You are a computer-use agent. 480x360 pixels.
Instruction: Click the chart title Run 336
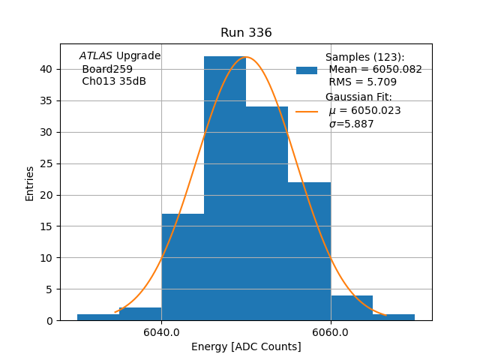click(246, 33)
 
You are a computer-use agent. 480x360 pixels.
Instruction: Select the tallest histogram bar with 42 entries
click(225, 187)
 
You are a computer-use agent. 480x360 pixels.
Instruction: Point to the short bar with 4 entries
click(352, 308)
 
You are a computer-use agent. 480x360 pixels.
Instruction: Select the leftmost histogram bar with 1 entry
click(98, 317)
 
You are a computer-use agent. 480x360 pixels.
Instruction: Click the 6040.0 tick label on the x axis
click(161, 333)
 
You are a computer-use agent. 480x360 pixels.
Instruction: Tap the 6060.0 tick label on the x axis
click(331, 333)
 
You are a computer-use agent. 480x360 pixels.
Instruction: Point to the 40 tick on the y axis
click(46, 69)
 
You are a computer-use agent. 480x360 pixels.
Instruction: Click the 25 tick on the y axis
click(46, 163)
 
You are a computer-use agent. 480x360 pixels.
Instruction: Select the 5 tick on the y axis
click(49, 289)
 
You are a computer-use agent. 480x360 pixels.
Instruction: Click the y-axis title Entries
click(30, 183)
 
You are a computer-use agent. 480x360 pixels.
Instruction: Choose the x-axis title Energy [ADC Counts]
click(246, 346)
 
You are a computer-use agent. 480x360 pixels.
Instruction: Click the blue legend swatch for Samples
click(307, 70)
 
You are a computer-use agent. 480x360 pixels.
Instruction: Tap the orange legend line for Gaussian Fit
click(307, 111)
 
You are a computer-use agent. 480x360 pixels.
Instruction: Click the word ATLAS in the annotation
click(95, 55)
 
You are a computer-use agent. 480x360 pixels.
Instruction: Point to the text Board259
click(107, 69)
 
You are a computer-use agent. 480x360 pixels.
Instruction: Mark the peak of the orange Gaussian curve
click(245, 57)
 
